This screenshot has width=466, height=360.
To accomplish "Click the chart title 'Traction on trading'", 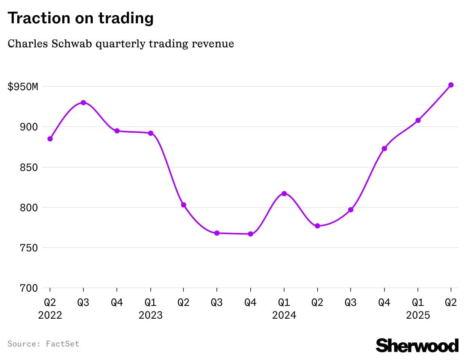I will pos(80,18).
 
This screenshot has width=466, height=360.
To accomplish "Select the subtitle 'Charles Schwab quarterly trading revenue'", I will pos(121,44).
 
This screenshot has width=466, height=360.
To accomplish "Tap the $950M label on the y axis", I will pos(23,87).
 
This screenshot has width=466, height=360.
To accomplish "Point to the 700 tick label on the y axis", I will pos(29,288).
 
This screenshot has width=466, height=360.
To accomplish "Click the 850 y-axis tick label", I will pos(29,167).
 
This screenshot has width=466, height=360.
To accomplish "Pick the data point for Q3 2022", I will pos(83,103).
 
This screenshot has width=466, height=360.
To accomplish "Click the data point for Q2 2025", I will pos(451,85).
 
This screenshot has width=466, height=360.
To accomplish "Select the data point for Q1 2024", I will pos(284,194).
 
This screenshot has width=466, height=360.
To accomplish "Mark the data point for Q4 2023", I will pos(251,234).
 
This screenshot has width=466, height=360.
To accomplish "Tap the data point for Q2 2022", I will pos(50,139).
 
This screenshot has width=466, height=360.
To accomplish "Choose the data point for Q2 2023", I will pos(183,205).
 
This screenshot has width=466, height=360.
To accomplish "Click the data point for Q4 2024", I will pos(384,148).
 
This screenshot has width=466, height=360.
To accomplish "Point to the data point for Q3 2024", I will pos(351,210).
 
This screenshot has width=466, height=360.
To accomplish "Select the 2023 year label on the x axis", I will pos(150,315).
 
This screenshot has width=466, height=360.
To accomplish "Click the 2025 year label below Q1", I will pos(418,315).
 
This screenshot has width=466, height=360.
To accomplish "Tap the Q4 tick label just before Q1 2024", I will pos(250,303).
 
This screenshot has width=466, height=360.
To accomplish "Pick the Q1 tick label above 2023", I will pos(150,303).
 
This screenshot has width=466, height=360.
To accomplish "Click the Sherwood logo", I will pos(417,345).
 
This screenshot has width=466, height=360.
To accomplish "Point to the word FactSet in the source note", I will pos(62,344).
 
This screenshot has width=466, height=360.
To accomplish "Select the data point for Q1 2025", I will pos(418,120).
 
